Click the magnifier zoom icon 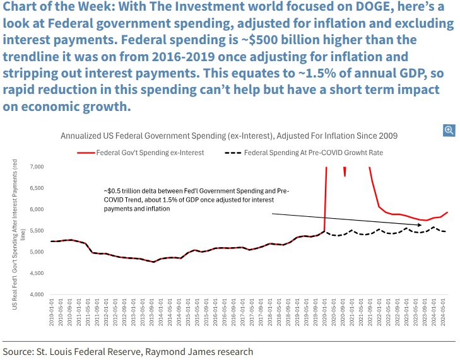coord(449,131)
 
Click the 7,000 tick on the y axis coord(35,166)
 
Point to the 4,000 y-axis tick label coord(35,294)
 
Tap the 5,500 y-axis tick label coord(35,231)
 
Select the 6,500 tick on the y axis coord(35,188)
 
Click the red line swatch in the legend coord(86,153)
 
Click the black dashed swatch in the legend coord(232,153)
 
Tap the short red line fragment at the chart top coord(345,171)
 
